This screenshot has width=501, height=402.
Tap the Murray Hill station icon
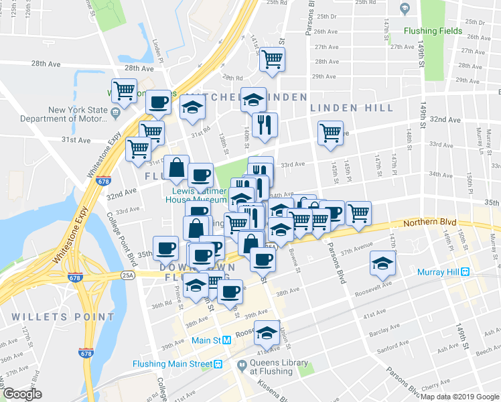463,272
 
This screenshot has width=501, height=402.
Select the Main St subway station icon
227,340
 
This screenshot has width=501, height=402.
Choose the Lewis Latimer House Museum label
197,194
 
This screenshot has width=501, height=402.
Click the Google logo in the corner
23,395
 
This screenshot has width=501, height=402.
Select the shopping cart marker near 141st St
272,60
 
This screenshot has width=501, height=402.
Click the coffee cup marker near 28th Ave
158,102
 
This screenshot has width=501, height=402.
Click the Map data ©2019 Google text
459,396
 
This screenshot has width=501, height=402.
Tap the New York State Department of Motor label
64,115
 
